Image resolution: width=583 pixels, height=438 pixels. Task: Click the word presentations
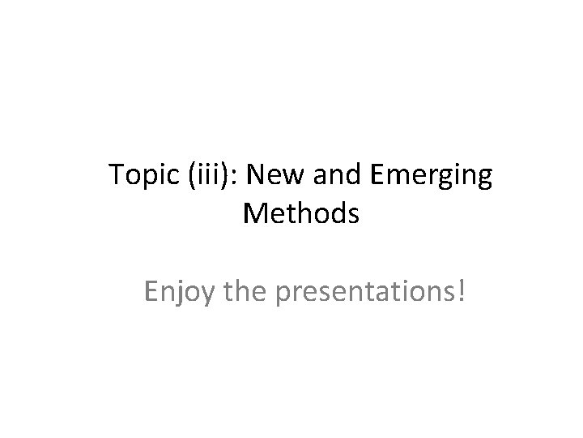pos(366,290)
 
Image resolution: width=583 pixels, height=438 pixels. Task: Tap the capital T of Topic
pos(115,176)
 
